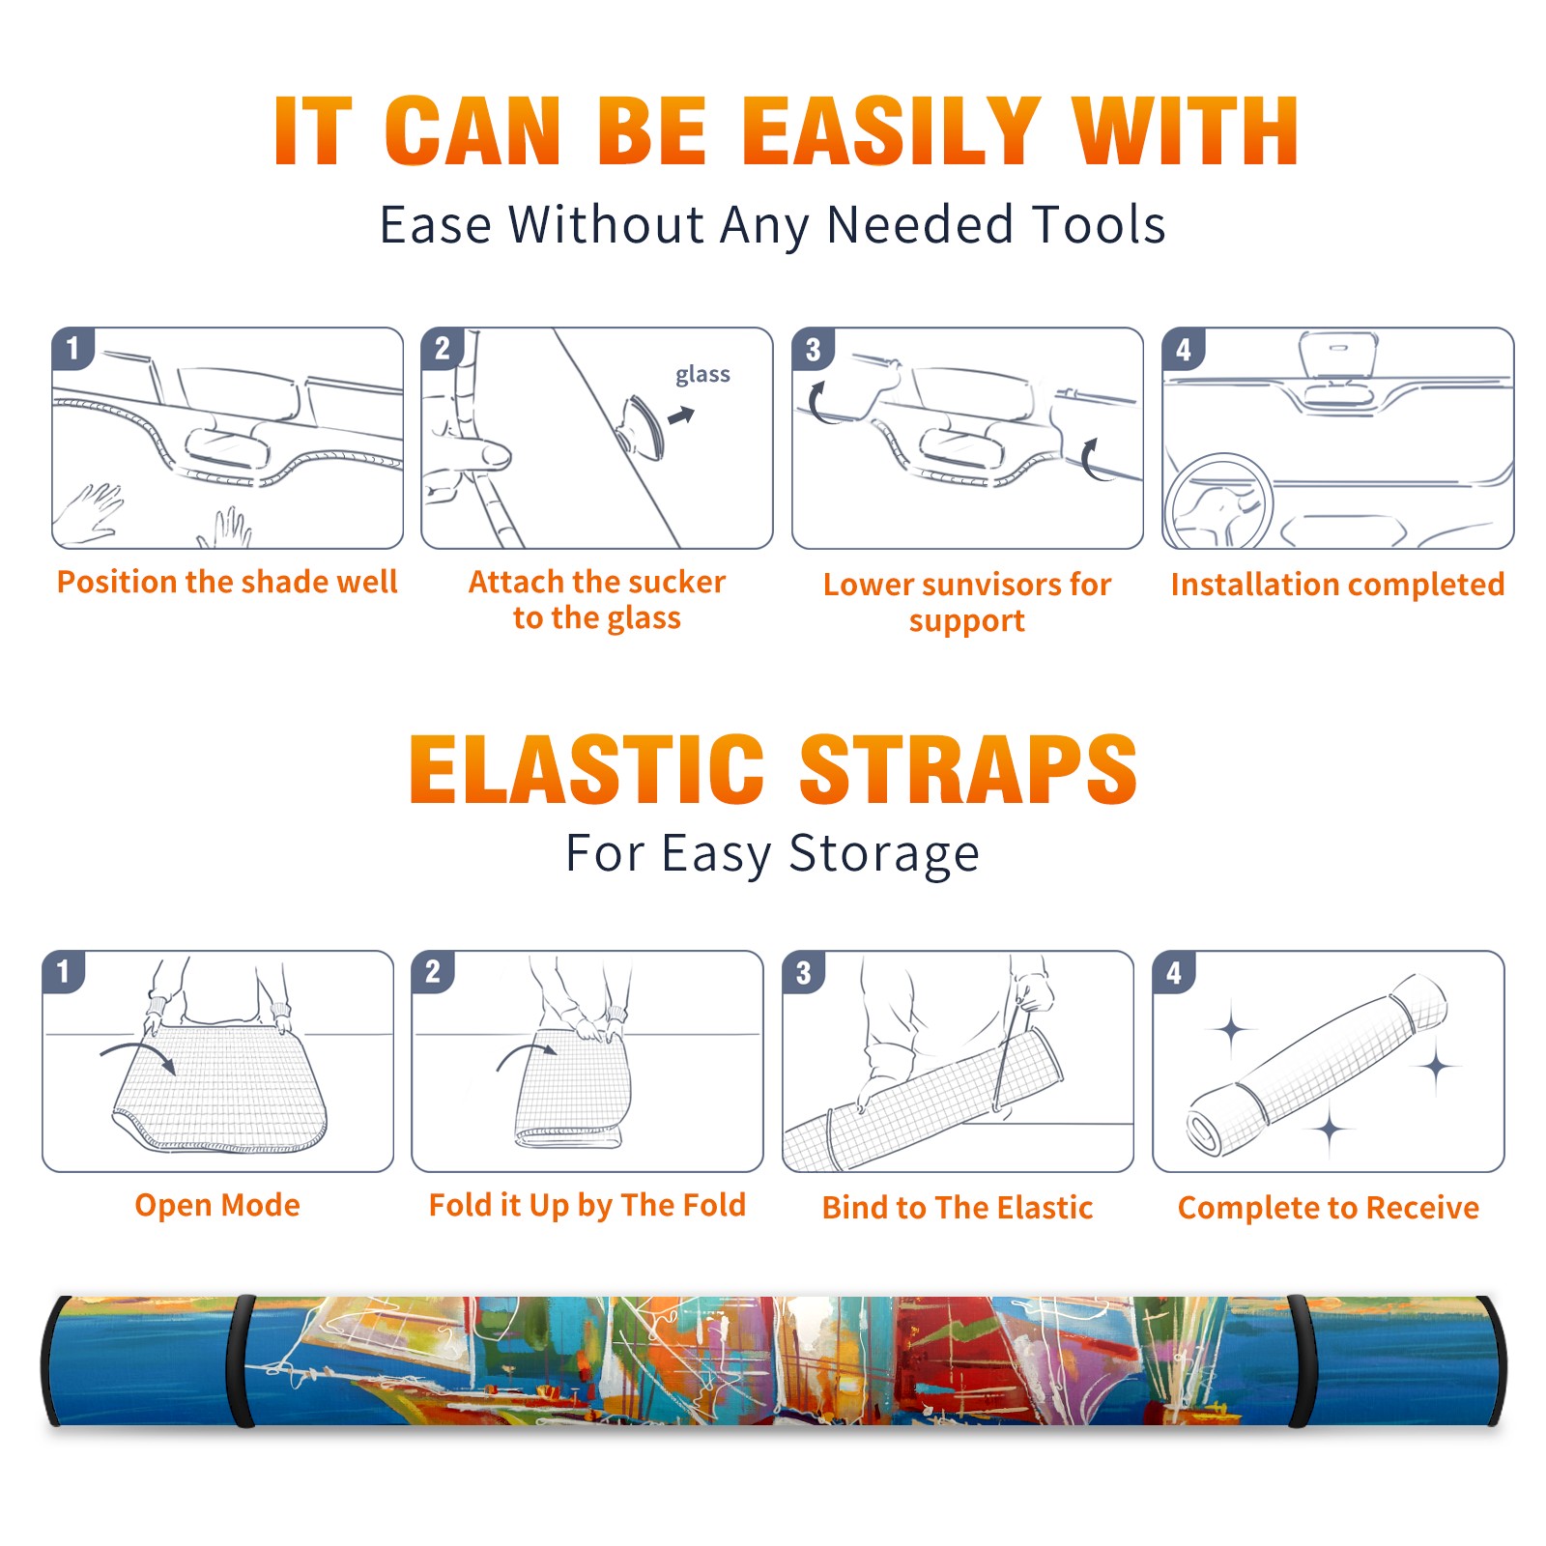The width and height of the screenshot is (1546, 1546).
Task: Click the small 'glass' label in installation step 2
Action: tap(702, 375)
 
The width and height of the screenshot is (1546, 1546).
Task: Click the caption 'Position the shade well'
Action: tap(227, 582)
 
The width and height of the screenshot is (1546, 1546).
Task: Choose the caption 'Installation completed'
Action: tap(1337, 585)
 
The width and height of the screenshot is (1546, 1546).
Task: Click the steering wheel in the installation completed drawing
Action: tap(1218, 502)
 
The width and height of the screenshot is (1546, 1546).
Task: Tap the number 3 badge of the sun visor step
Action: tap(813, 349)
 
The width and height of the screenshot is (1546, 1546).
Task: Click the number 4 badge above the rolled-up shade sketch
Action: tap(1174, 972)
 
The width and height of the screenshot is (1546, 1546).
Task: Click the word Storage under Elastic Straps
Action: tap(884, 854)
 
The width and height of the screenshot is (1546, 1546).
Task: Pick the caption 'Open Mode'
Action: tap(217, 1205)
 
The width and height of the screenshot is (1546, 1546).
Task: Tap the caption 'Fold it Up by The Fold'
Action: tap(587, 1205)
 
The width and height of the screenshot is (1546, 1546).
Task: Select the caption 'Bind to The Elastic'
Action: tap(958, 1208)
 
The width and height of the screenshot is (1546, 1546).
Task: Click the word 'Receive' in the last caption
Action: tap(1422, 1208)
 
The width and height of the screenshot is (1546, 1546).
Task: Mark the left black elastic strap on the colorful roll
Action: tap(241, 1361)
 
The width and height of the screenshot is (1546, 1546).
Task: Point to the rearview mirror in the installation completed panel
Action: tap(1338, 355)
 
